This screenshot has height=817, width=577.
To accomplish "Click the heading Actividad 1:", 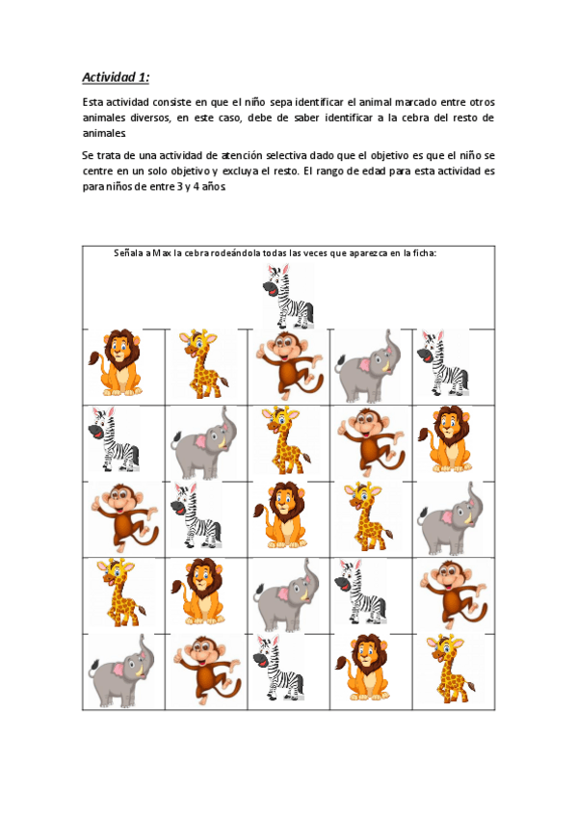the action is [116, 77].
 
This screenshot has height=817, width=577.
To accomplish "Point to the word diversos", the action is [150, 118].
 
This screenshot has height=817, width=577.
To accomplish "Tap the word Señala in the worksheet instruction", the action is [128, 253].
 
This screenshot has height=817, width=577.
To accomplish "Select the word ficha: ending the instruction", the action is [425, 253].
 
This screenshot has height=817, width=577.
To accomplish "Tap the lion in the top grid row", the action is [115, 362].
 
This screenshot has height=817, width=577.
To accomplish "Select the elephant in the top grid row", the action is [364, 366].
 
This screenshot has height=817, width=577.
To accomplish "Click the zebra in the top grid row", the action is [443, 362].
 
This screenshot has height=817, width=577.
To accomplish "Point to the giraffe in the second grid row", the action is [286, 441].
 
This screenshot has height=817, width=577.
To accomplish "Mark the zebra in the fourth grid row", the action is [360, 592].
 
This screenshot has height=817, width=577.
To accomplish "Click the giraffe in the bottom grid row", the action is [451, 669].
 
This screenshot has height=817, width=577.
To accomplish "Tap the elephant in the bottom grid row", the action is [121, 672].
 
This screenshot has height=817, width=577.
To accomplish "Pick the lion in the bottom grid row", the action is [363, 668].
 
